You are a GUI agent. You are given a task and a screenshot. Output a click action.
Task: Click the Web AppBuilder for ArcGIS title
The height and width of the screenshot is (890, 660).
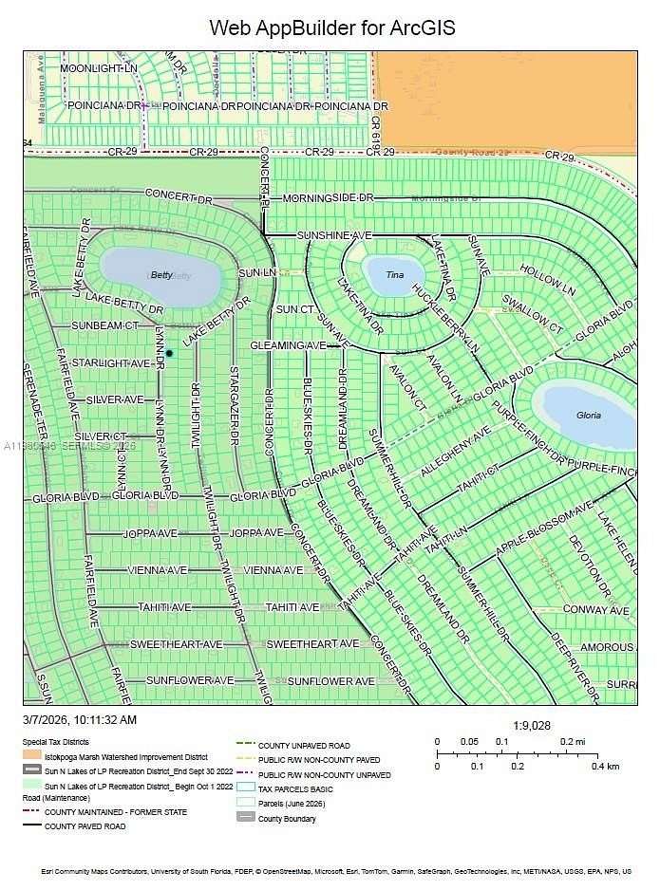[x=331, y=28]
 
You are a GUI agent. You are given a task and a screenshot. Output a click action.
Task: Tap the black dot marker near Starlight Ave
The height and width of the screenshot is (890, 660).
[x=169, y=353]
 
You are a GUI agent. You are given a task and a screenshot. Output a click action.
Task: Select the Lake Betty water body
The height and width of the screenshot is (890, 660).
[x=161, y=275]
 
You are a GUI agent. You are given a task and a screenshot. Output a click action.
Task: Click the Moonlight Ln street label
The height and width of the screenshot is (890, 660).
[x=99, y=69]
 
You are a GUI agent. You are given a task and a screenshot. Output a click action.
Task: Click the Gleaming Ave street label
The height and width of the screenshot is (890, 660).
[x=288, y=346]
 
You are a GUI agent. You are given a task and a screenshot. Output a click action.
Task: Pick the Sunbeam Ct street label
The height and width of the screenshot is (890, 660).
[x=105, y=325]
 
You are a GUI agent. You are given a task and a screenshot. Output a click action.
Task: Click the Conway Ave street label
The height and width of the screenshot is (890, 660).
[x=595, y=610]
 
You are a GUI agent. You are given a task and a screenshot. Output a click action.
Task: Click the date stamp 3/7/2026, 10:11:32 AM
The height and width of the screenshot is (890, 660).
[x=81, y=721]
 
